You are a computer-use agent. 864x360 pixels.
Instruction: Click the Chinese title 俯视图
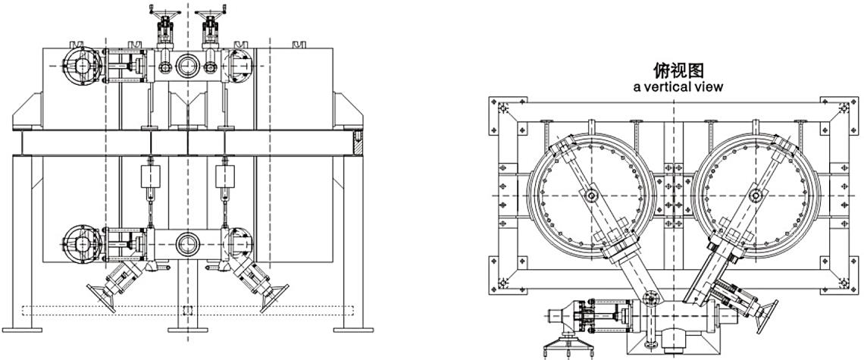pyautogui.click(x=679, y=70)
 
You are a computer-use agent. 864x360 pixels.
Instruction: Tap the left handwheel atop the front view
pyautogui.click(x=163, y=9)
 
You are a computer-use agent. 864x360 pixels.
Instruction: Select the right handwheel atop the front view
pyautogui.click(x=210, y=9)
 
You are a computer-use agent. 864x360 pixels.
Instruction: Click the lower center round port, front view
pyautogui.click(x=187, y=243)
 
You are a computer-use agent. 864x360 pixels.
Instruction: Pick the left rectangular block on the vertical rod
pyautogui.click(x=150, y=176)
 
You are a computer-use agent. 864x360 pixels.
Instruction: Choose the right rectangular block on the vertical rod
pyautogui.click(x=225, y=176)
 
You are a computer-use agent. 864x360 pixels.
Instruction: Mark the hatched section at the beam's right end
pyautogui.click(x=358, y=143)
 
